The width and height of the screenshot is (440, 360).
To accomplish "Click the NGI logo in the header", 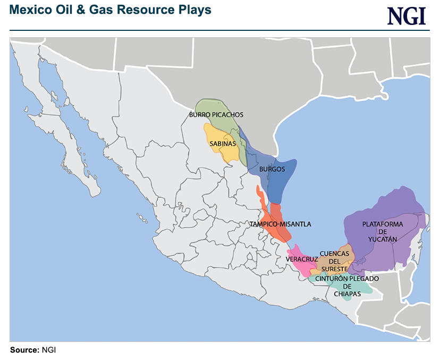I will tap(407, 15).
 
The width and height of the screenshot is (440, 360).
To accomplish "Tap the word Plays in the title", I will tap(196, 10).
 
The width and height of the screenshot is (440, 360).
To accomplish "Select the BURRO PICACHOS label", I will tap(216, 114).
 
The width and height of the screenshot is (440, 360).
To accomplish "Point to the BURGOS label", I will tap(272, 170).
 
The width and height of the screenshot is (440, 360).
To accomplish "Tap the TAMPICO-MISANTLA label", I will tap(280, 224).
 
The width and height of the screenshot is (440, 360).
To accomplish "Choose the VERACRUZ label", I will tap(302, 259).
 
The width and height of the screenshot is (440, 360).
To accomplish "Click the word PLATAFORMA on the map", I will tap(383, 224).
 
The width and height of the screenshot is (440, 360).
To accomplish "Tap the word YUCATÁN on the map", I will tap(383, 240).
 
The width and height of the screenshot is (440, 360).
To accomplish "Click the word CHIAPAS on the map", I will tap(348, 294).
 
